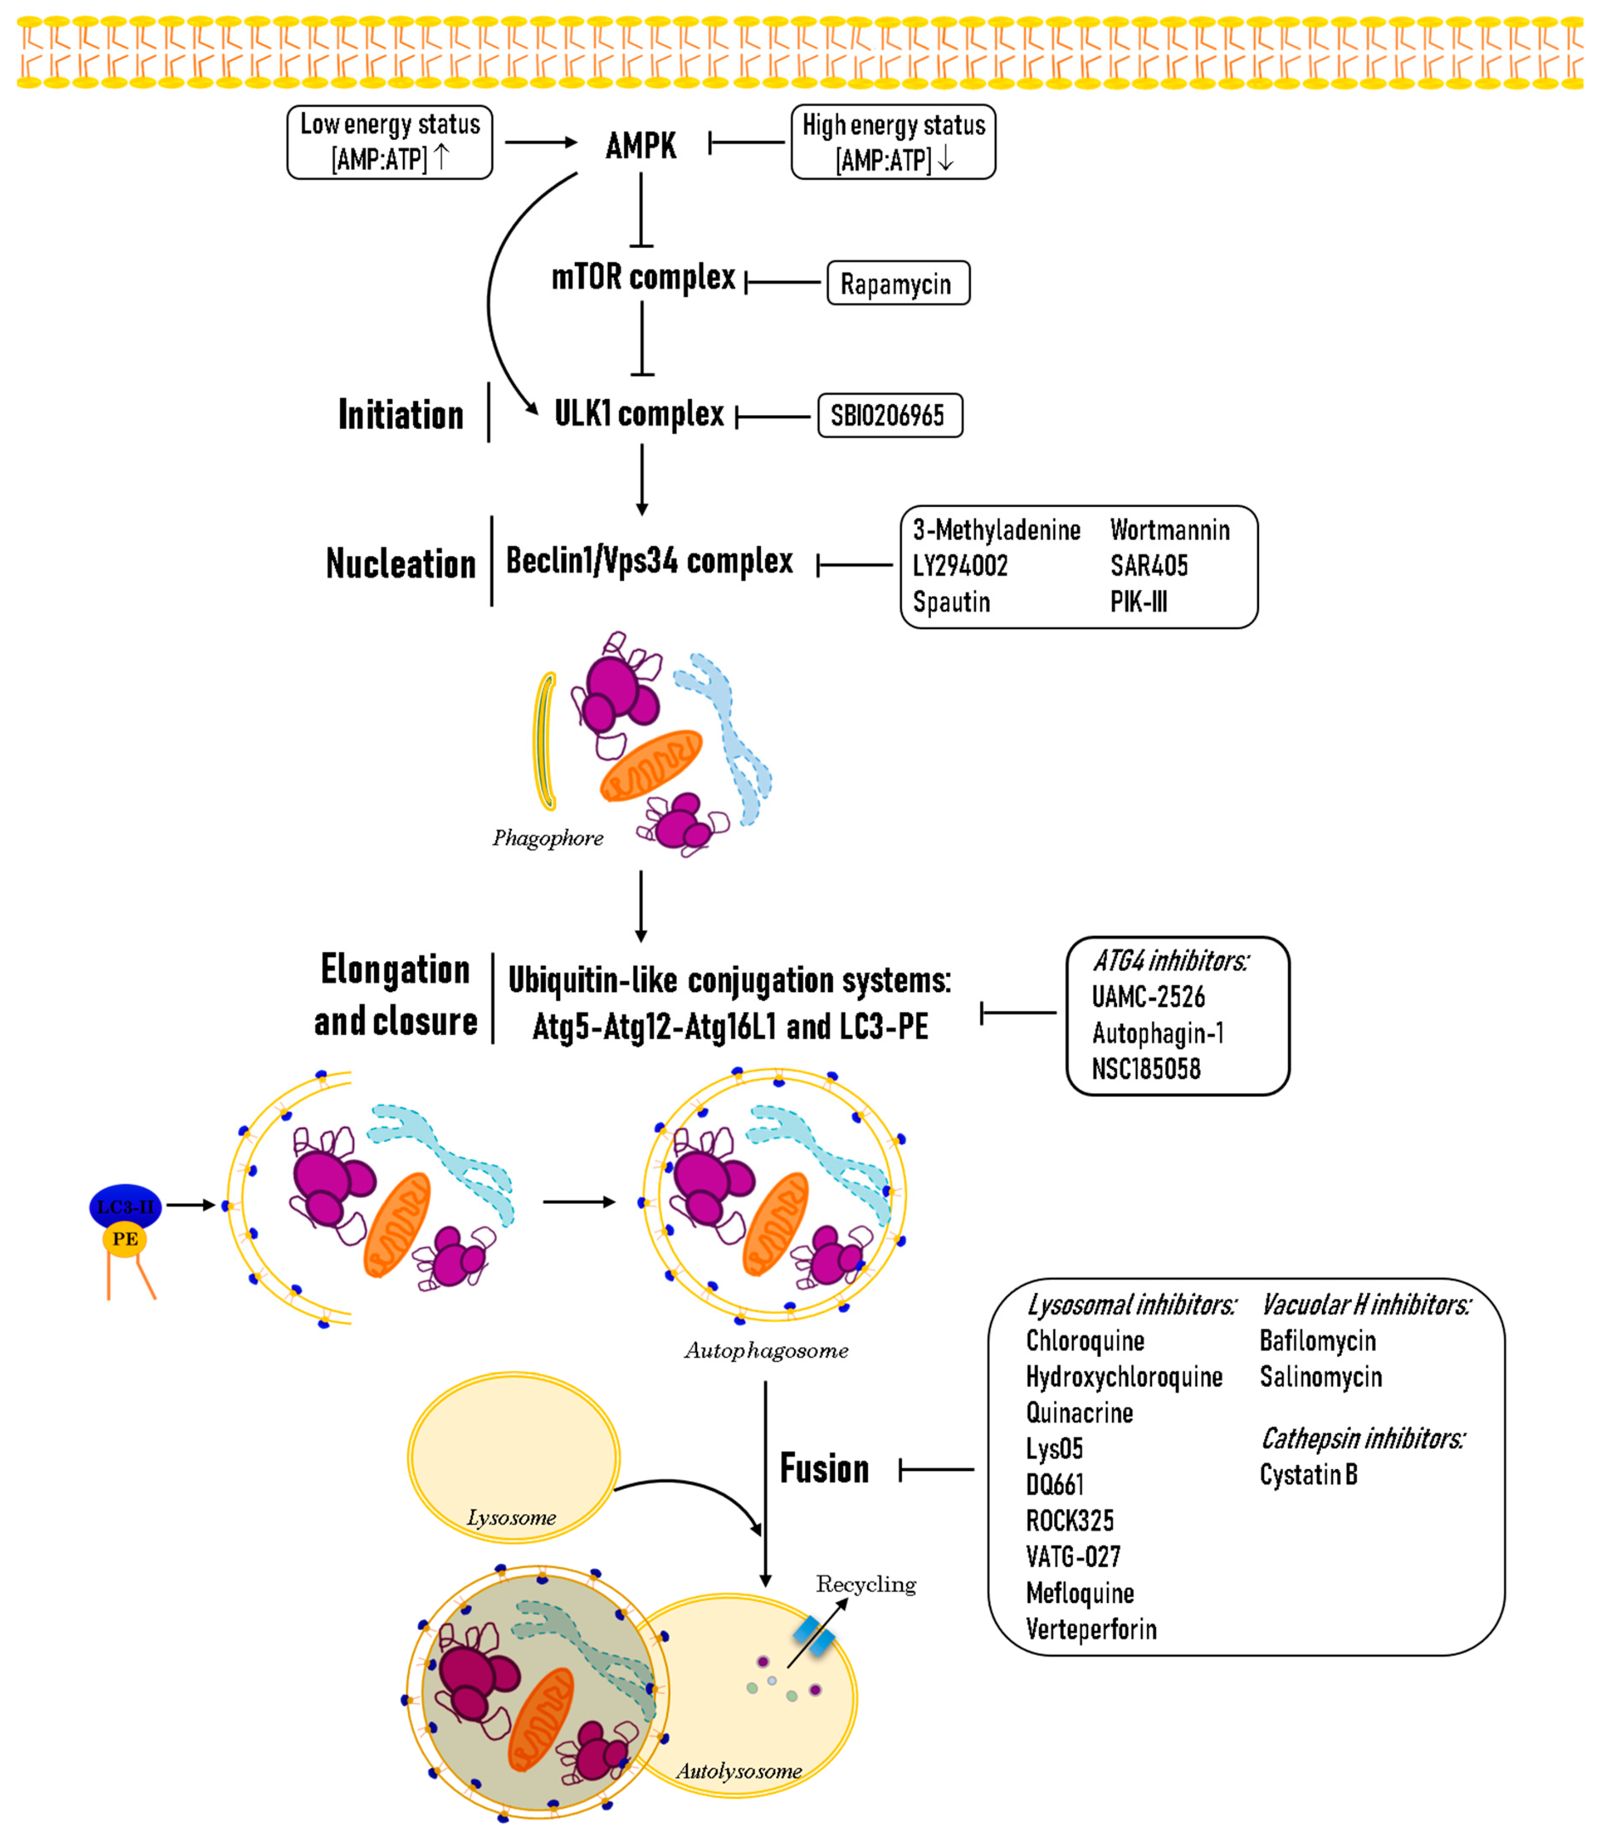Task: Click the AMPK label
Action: point(641,145)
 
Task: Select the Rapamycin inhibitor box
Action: point(897,284)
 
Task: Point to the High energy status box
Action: point(893,142)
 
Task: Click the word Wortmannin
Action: point(1169,531)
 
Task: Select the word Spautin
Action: point(951,602)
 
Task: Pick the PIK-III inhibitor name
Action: point(1138,602)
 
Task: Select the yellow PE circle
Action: point(125,1238)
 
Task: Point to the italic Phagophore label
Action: point(548,838)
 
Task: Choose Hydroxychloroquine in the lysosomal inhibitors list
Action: point(1124,1377)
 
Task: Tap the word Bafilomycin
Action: point(1317,1341)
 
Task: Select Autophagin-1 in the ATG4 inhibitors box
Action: point(1158,1033)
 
